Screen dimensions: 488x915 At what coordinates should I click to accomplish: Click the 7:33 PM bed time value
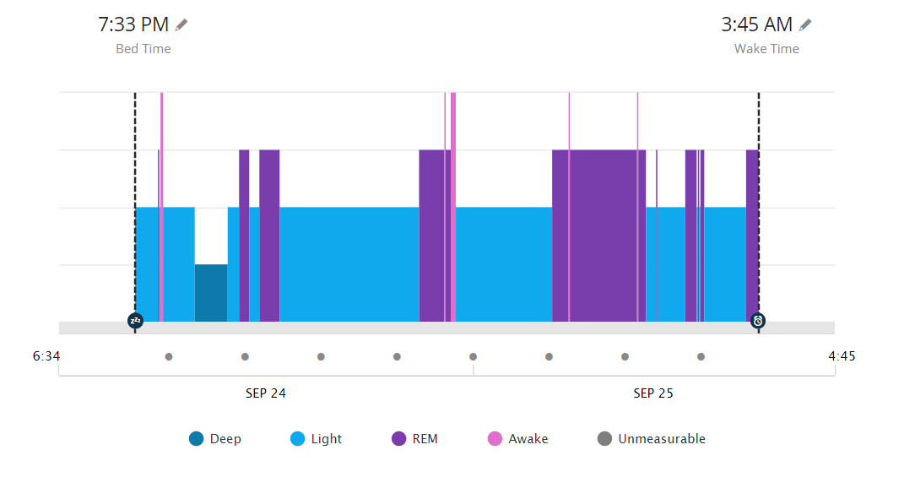[x=134, y=24]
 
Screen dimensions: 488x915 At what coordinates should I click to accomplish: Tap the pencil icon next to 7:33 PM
[x=181, y=24]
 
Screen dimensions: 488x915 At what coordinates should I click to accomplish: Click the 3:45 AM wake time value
[x=756, y=24]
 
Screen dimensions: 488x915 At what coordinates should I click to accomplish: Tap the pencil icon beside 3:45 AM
[x=806, y=24]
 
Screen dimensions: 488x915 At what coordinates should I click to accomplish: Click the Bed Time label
[x=143, y=49]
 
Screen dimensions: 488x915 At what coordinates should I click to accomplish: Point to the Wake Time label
[x=766, y=49]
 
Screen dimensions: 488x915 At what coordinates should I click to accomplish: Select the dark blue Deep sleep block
[x=211, y=293]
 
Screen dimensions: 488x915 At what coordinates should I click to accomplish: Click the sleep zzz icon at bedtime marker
[x=135, y=321]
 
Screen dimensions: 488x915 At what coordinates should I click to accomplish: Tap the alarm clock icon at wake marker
[x=758, y=321]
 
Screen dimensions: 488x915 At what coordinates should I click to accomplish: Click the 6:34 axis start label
[x=46, y=356]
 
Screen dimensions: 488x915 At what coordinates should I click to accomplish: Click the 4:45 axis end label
[x=842, y=356]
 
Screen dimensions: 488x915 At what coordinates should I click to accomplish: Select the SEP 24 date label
[x=266, y=393]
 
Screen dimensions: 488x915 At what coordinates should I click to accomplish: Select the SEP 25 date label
[x=653, y=393]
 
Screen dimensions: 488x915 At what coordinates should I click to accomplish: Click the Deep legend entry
[x=215, y=439]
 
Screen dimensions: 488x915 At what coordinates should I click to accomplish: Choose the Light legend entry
[x=317, y=439]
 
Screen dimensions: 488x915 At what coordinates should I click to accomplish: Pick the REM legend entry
[x=415, y=439]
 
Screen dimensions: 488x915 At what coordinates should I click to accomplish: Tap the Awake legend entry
[x=518, y=439]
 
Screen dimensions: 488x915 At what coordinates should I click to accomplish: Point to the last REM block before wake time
[x=751, y=236]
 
